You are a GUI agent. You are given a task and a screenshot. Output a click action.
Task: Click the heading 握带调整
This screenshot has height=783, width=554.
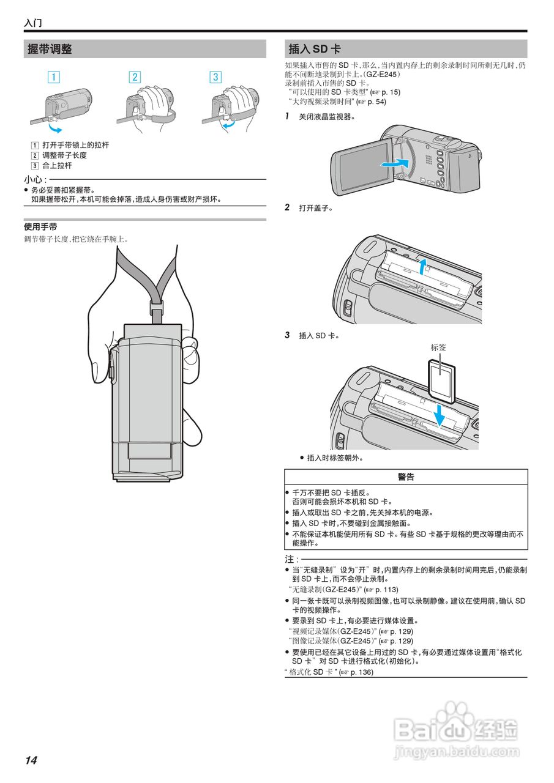point(50,50)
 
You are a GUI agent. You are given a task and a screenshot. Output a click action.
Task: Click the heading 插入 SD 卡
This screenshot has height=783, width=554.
point(314,50)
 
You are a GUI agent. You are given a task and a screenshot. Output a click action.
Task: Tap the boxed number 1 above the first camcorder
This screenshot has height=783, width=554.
point(54,77)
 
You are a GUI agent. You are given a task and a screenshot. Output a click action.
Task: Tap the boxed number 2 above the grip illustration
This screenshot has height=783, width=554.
point(135,77)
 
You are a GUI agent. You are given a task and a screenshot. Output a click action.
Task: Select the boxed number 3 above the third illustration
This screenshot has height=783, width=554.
point(215,77)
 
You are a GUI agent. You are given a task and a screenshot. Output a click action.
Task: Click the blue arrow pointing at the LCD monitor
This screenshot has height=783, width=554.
point(393,164)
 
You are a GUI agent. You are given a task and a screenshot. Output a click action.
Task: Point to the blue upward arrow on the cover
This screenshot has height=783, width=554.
point(422,267)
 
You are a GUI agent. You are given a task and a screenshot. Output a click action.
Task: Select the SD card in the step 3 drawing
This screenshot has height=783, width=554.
point(441,379)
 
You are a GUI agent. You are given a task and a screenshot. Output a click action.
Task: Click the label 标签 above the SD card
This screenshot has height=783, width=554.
point(438,347)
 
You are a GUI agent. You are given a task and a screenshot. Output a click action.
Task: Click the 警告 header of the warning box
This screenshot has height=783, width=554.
point(406,477)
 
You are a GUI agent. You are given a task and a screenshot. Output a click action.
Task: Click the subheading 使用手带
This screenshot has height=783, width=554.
point(40,227)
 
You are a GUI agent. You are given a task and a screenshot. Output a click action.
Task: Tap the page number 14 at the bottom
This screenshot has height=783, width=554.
point(31,760)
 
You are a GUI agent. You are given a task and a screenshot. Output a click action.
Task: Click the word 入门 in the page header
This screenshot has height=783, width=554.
point(32,23)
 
